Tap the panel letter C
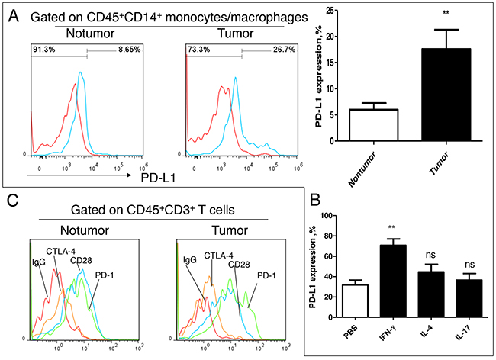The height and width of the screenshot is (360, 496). click(x=12, y=201)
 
